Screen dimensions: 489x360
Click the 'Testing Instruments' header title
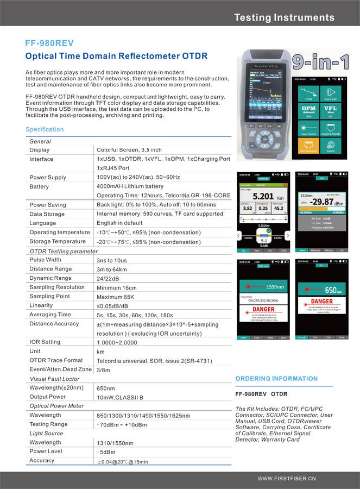click(284, 17)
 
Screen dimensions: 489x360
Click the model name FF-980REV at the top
click(49, 43)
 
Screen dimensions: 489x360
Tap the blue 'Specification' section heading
click(45, 129)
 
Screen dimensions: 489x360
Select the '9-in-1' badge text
click(320, 62)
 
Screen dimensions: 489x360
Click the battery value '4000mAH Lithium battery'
click(130, 186)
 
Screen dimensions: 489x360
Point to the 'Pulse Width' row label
click(46, 260)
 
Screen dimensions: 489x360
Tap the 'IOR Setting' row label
click(45, 342)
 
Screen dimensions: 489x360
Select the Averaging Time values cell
click(135, 315)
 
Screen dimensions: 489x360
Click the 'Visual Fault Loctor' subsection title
click(54, 379)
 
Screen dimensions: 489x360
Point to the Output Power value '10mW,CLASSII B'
click(120, 397)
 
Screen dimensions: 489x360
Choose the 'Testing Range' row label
click(49, 424)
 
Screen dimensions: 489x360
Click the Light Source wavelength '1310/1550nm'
click(115, 443)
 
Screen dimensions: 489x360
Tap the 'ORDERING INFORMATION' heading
click(276, 379)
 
